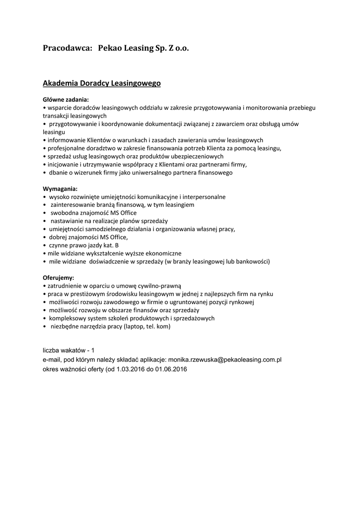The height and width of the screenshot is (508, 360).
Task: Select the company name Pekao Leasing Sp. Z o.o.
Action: [x=144, y=49]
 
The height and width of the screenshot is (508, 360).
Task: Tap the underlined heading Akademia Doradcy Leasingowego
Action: [x=102, y=84]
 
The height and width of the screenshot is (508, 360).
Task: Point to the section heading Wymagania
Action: [x=60, y=189]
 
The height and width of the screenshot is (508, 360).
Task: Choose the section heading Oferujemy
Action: [x=59, y=278]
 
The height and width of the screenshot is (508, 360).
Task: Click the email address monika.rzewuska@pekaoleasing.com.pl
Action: [x=225, y=360]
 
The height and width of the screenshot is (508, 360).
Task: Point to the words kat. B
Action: [x=110, y=245]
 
